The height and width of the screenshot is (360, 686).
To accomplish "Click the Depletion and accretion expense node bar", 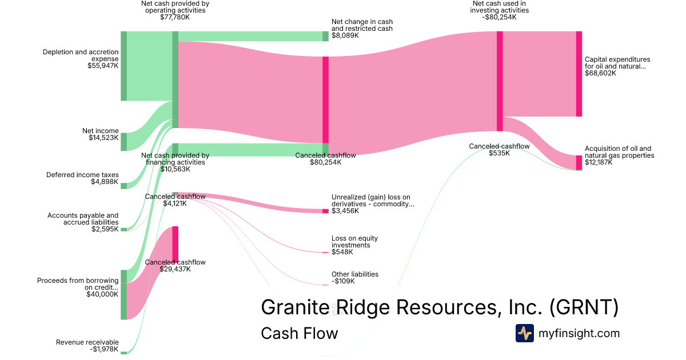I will tap(123, 66).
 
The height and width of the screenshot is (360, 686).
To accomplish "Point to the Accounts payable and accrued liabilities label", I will tap(84, 219).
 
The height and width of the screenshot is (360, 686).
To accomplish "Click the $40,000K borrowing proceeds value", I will tap(102, 294).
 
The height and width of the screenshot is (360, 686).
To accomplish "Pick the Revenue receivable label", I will tap(87, 342).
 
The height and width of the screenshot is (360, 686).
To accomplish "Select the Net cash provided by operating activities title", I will tap(175, 7).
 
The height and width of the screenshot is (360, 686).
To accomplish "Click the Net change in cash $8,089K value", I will tap(345, 35).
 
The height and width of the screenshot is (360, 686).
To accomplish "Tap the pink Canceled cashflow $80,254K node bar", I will tap(325, 99).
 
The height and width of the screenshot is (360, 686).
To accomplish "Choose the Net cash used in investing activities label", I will tap(500, 7).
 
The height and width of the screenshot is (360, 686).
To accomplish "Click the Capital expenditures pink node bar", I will tap(579, 74).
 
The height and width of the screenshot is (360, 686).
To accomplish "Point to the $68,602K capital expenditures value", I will tap(600, 73).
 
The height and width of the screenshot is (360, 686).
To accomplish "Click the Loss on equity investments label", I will tap(354, 242).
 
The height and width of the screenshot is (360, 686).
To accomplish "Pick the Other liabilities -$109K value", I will tap(343, 281).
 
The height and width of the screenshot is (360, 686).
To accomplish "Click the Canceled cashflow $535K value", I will tap(499, 153).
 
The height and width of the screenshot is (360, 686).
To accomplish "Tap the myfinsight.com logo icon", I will tap(524, 333).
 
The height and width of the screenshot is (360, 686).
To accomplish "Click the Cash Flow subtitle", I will tap(299, 333).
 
